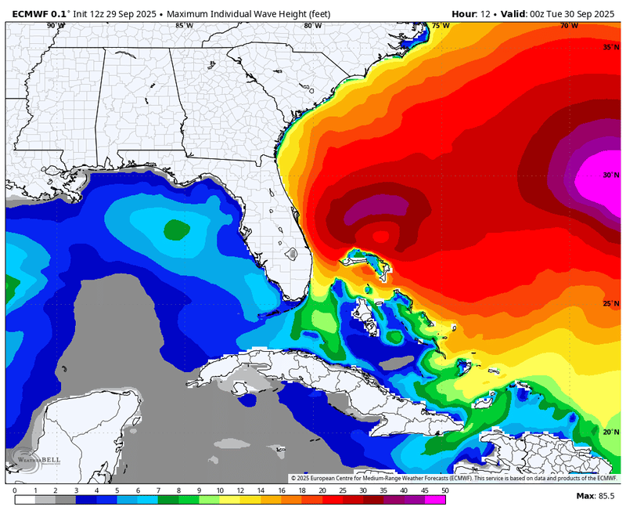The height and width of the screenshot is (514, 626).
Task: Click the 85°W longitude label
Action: pos(185,26)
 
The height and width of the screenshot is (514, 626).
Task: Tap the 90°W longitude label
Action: pos(56,26)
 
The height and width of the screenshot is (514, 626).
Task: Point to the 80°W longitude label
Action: pos(312,26)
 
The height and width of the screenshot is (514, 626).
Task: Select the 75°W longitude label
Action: pos(441,26)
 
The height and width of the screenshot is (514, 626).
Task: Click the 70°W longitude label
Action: pos(569,26)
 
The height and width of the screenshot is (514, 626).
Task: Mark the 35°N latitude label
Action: pos(610,48)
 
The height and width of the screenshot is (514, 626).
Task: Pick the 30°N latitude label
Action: pos(610,176)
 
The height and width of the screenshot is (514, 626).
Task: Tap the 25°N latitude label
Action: pos(610,304)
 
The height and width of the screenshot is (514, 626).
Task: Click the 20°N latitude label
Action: pos(610,432)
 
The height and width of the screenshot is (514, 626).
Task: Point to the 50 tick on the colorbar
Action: pos(444,491)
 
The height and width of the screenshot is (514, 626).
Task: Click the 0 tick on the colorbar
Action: pos(14,491)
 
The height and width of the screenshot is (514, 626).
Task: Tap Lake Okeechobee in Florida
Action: pos(292,255)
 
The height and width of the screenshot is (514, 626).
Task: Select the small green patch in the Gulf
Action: pos(176,230)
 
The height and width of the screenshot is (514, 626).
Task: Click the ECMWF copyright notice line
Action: pos(454,478)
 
